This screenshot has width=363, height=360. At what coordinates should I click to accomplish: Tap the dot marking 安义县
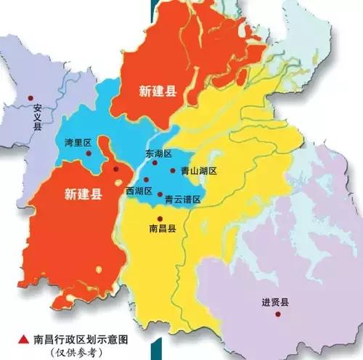(x=30, y=98)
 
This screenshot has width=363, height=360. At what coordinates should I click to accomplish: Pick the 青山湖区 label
(x=199, y=171)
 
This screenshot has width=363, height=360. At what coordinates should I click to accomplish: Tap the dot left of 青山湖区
(x=173, y=171)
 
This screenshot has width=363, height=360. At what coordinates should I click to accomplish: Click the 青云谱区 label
(x=182, y=199)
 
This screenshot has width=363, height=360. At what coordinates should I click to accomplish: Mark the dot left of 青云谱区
(x=160, y=194)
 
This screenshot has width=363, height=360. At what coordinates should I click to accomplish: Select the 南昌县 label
(x=162, y=227)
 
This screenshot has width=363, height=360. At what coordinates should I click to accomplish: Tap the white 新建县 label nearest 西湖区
(x=83, y=194)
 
